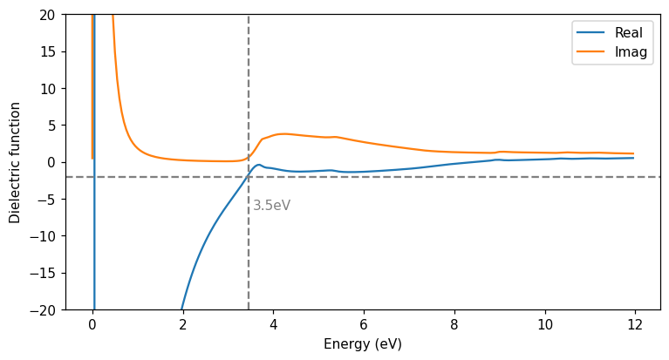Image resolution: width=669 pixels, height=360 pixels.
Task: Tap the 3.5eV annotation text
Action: click(x=271, y=206)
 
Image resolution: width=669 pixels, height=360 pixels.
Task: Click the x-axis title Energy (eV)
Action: click(x=363, y=344)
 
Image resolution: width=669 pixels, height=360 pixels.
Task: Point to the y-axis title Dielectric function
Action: click(x=16, y=162)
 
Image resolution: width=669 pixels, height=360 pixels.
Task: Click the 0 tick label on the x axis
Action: click(x=92, y=324)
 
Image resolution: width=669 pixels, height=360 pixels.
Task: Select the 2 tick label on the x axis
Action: click(x=183, y=324)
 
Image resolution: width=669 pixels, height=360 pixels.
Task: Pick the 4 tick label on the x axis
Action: click(x=274, y=324)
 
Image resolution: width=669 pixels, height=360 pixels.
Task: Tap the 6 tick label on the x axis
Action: click(x=364, y=324)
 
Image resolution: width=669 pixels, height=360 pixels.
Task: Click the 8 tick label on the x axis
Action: click(x=454, y=324)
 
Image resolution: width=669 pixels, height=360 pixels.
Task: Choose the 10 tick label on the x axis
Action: click(x=545, y=324)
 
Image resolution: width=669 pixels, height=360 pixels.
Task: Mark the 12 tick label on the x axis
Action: click(x=636, y=324)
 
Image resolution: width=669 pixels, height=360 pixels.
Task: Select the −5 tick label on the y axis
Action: click(x=47, y=199)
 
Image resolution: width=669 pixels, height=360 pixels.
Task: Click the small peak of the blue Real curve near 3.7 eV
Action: click(x=259, y=165)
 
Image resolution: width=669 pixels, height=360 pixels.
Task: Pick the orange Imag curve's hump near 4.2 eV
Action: click(x=282, y=134)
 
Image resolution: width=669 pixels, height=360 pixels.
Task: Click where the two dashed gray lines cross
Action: click(x=249, y=177)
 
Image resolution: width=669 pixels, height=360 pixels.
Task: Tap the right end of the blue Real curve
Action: click(x=634, y=158)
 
